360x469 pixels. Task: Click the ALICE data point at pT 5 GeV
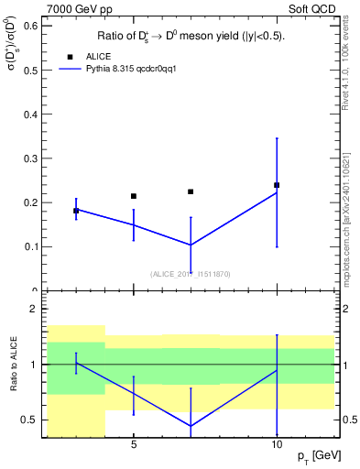[134, 196]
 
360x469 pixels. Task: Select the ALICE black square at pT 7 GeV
[191, 191]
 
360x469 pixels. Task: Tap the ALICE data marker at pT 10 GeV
[277, 185]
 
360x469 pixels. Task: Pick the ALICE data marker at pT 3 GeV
[76, 211]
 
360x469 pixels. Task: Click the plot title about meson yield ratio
[191, 36]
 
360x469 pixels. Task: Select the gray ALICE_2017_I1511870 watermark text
[190, 273]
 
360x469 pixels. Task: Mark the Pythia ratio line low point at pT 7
[191, 426]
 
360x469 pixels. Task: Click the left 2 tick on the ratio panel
[36, 309]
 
